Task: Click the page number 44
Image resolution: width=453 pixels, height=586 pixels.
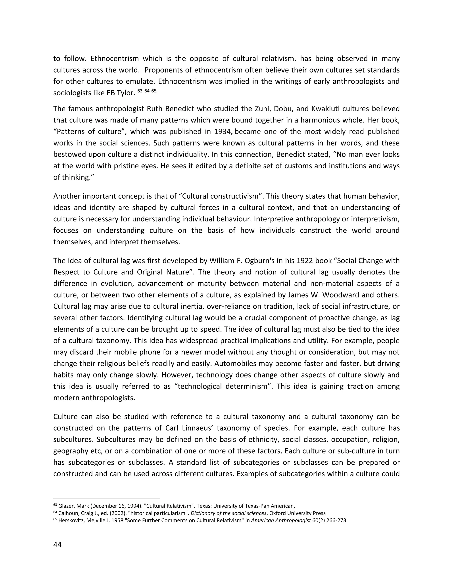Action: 58,545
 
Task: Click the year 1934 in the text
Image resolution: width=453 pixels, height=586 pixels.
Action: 222,132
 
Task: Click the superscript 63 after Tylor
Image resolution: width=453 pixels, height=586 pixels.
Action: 140,91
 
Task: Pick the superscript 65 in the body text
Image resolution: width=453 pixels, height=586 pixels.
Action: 154,91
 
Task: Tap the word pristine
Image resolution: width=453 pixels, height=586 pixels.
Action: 128,166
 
